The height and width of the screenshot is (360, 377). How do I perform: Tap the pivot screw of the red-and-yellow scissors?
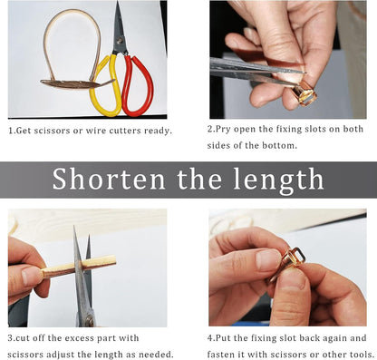click(120, 39)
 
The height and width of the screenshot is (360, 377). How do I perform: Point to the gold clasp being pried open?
click(304, 92)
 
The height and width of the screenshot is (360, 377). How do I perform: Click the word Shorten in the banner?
click(109, 179)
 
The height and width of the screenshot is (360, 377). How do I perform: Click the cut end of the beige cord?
click(114, 260)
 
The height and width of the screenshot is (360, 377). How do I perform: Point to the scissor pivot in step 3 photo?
click(90, 320)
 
